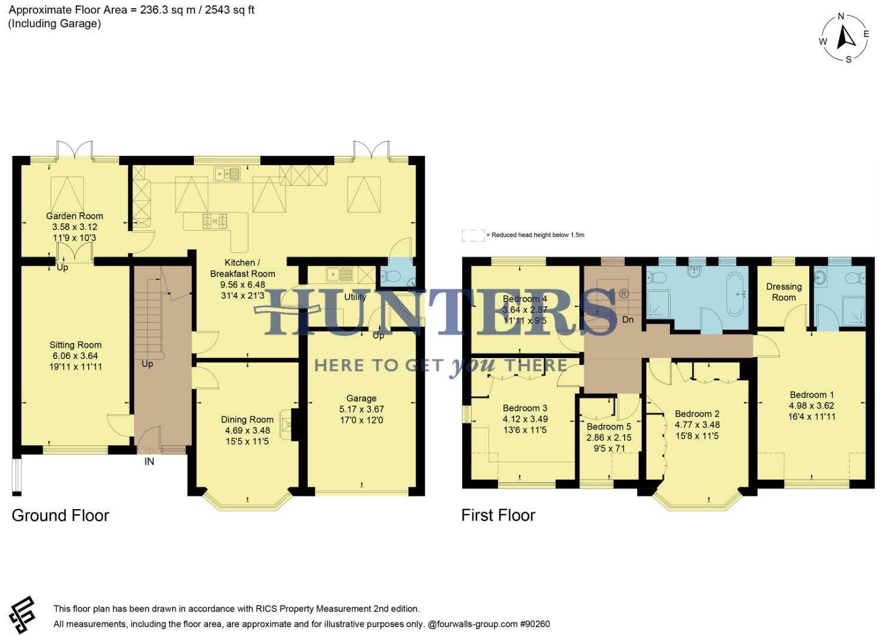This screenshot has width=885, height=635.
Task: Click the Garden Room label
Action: point(75,216)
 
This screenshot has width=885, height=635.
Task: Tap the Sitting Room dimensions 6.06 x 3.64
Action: point(75,356)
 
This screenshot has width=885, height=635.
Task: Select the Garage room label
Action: point(361,398)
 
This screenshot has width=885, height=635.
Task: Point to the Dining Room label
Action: point(247,419)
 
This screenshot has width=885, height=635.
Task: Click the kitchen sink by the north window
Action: point(227,173)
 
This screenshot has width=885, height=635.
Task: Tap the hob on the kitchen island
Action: point(214,220)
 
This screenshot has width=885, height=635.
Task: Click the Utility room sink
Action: point(339,274)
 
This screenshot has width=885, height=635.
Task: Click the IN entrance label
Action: point(149,462)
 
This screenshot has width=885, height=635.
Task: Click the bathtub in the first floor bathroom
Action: point(735,293)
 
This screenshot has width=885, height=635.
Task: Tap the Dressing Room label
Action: point(783,292)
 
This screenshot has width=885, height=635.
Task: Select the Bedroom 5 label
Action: point(609,426)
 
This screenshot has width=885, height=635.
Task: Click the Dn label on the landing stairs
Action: point(628,319)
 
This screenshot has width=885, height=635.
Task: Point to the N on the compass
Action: point(841,16)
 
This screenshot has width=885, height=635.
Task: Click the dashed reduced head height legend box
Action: point(473,235)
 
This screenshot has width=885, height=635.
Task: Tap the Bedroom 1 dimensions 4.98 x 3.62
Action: point(811,406)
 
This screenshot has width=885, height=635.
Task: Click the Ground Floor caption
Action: point(61,516)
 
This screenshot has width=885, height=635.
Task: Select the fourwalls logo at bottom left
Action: point(22,614)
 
